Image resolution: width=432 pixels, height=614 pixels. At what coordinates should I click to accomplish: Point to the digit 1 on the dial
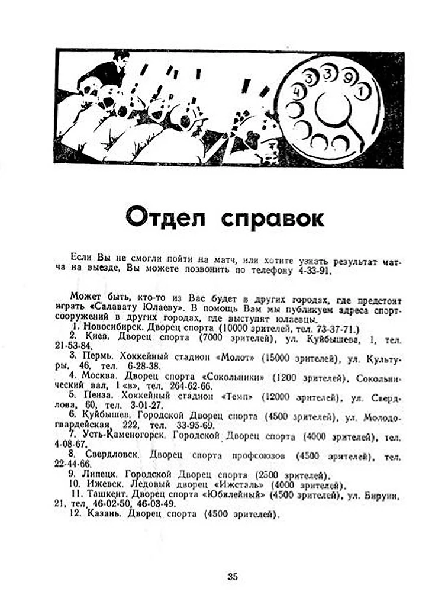coord(362,92)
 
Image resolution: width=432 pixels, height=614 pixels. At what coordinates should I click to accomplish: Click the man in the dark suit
coord(109,70)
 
